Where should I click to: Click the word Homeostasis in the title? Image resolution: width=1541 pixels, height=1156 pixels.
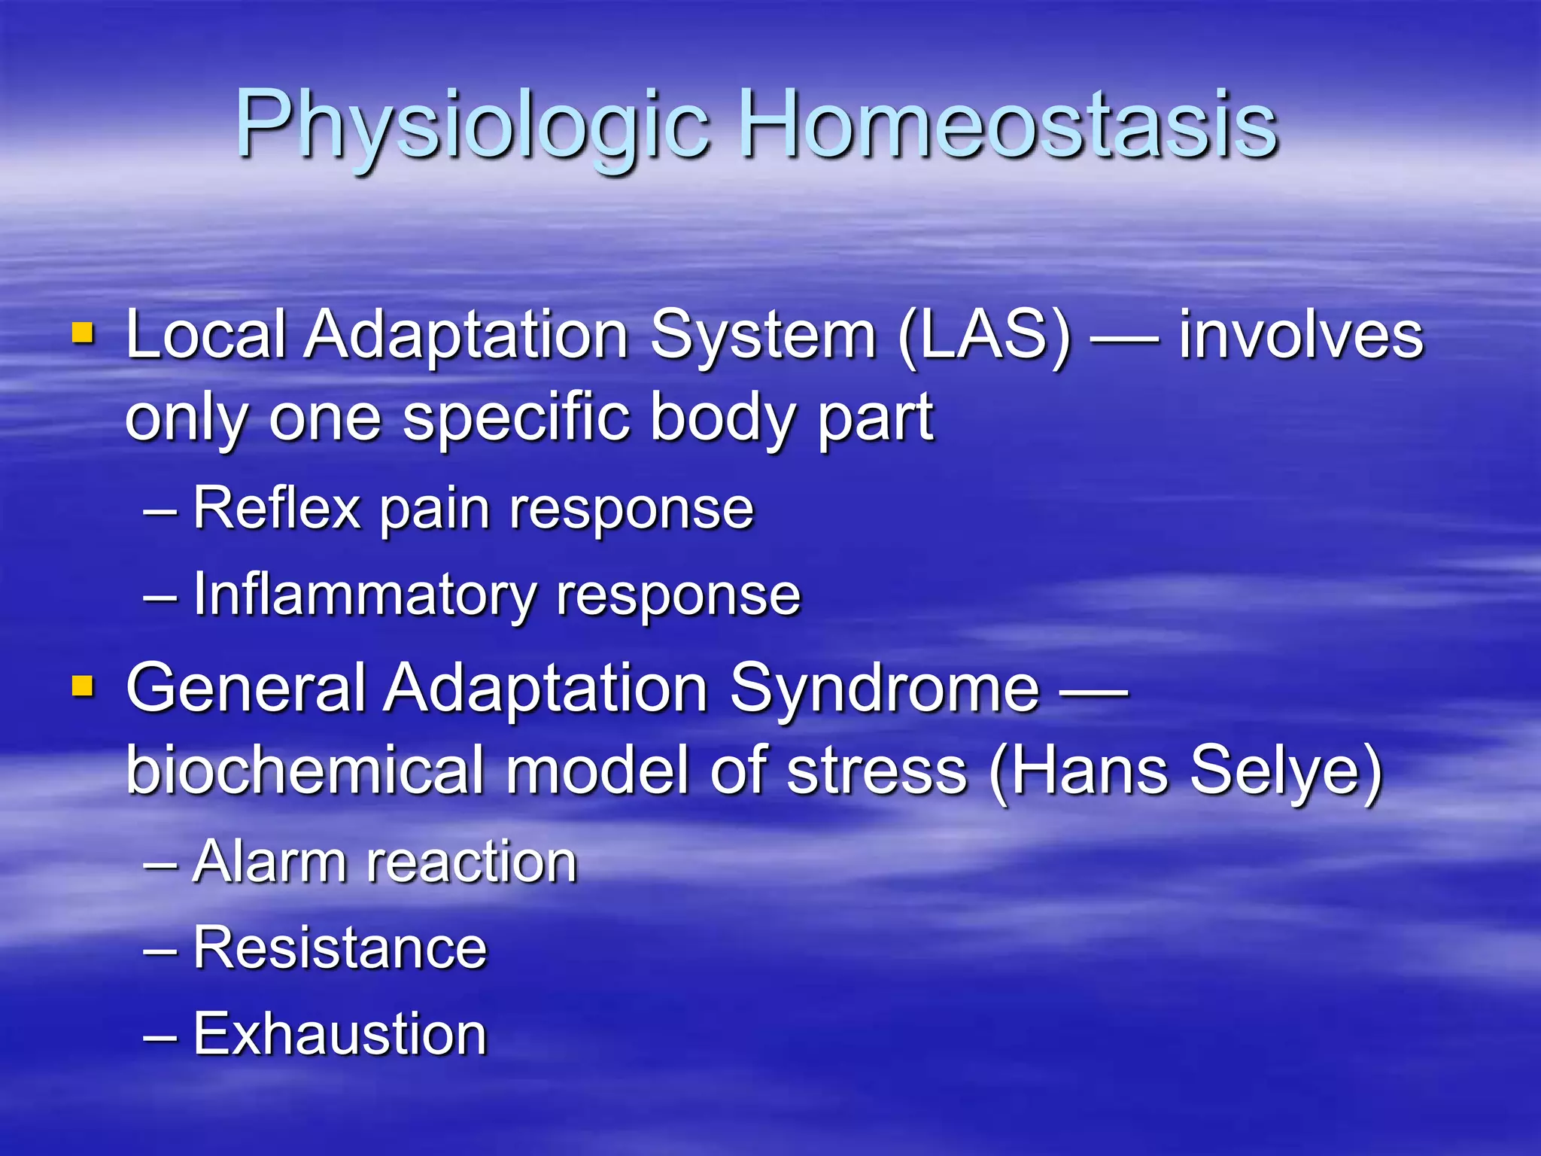1008,124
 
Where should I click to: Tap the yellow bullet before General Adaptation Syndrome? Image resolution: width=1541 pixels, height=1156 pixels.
83,686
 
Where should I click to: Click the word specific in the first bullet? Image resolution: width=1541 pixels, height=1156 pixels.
515,418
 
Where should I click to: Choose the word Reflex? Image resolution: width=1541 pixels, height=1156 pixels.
277,509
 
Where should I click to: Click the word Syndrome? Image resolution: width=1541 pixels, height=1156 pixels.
884,688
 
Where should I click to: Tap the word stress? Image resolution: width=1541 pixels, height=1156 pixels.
877,771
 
